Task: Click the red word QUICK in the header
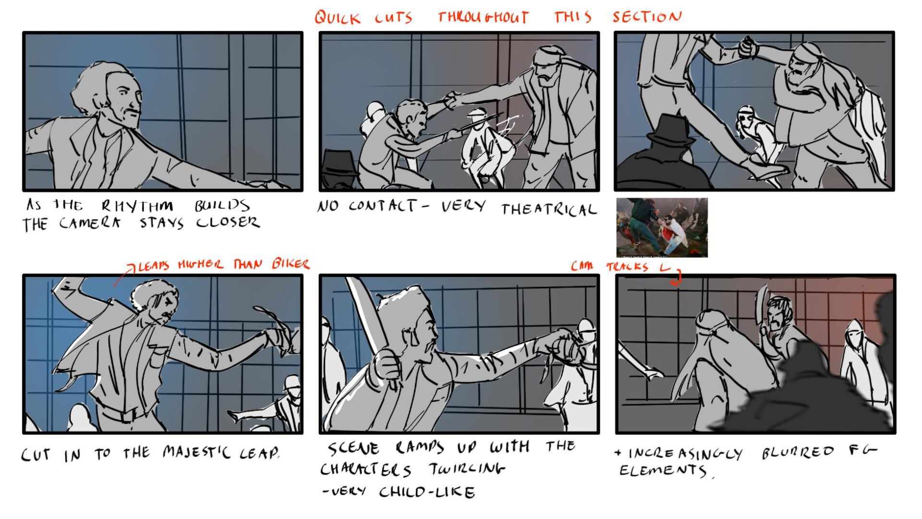pyautogui.click(x=338, y=18)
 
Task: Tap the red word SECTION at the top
pyautogui.click(x=647, y=17)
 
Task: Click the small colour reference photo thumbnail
pyautogui.click(x=662, y=227)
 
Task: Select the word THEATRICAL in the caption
pyautogui.click(x=549, y=209)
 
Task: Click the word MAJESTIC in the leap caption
pyautogui.click(x=197, y=452)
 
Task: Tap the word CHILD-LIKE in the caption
pyautogui.click(x=427, y=492)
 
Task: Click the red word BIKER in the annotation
pyautogui.click(x=291, y=264)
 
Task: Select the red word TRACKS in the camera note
pyautogui.click(x=627, y=267)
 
